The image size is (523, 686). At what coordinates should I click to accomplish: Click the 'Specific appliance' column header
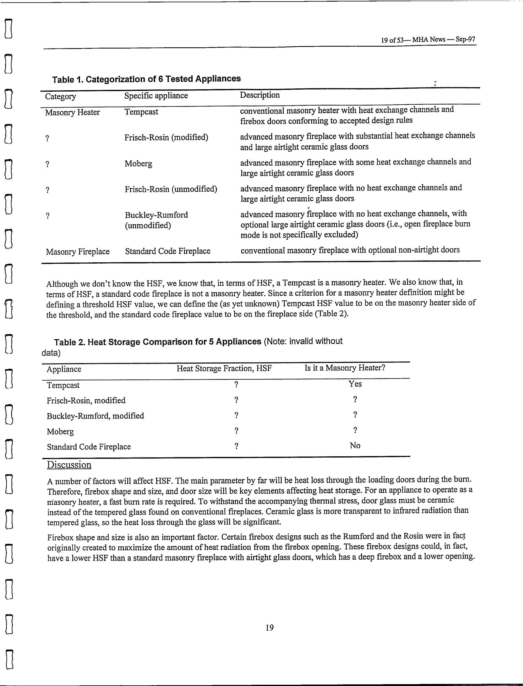(x=156, y=96)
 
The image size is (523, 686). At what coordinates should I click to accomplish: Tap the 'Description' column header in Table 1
(x=260, y=95)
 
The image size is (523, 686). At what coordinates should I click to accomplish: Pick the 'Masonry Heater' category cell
(x=72, y=112)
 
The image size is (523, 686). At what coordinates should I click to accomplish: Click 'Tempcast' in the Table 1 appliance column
(x=141, y=112)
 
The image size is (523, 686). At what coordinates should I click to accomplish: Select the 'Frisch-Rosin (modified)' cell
(x=166, y=137)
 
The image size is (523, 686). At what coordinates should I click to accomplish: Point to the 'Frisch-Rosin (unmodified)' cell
(x=171, y=189)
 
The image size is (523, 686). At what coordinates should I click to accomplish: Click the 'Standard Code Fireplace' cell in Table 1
(x=168, y=251)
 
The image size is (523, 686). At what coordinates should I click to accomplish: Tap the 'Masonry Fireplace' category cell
(x=78, y=251)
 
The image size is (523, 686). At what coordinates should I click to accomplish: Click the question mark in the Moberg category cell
(x=47, y=164)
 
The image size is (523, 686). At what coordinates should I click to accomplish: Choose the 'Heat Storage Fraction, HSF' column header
(x=224, y=369)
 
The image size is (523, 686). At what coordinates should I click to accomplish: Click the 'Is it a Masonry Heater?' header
(x=345, y=368)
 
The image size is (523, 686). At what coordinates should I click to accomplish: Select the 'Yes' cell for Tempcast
(x=355, y=384)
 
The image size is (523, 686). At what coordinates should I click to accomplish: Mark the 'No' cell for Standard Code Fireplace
(x=355, y=445)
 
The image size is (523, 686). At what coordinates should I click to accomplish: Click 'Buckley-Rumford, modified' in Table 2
(x=95, y=416)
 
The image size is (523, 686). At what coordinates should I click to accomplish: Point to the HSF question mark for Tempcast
(x=236, y=385)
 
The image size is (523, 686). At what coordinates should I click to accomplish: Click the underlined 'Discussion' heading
(x=69, y=465)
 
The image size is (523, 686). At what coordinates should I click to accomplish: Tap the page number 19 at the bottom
(x=270, y=627)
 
